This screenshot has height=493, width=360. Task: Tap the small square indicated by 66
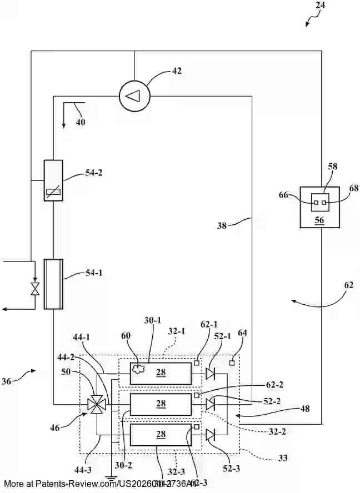(316, 203)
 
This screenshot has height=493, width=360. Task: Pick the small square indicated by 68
(324, 203)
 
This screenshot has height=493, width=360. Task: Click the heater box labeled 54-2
(53, 180)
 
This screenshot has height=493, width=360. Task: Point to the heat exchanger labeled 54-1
(53, 284)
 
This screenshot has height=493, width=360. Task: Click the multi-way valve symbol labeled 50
(96, 405)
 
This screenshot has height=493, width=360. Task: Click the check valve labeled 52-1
(210, 373)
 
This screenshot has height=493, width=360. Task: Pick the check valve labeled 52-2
(210, 404)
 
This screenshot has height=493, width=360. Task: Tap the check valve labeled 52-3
(210, 434)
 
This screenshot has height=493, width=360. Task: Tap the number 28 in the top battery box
(161, 373)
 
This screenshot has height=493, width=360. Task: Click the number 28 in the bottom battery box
(161, 434)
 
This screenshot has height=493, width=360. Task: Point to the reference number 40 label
(81, 122)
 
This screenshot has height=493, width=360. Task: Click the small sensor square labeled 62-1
(197, 363)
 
